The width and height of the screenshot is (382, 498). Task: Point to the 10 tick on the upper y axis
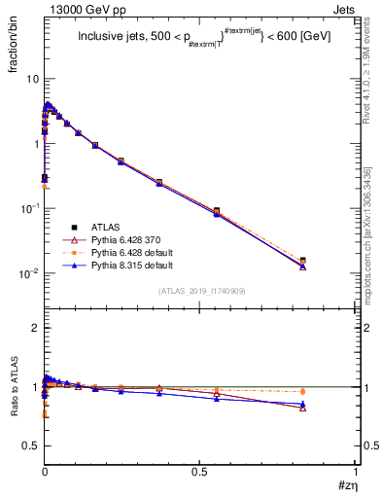pyautogui.click(x=31, y=78)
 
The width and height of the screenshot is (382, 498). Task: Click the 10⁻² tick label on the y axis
pyautogui.click(x=28, y=273)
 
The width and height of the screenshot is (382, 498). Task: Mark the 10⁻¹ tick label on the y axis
pyautogui.click(x=28, y=208)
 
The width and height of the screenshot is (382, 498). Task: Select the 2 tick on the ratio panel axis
pyautogui.click(x=34, y=328)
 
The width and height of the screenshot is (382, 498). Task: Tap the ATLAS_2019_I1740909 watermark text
pyautogui.click(x=201, y=292)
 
